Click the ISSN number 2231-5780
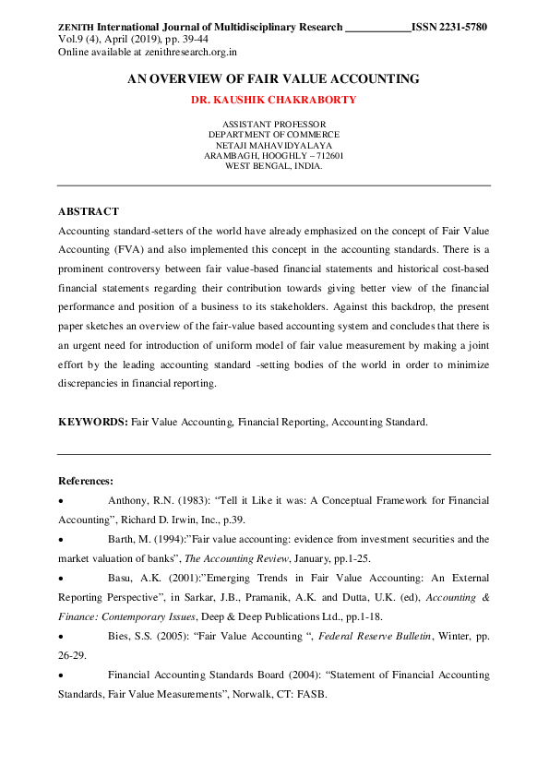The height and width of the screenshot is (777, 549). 464,27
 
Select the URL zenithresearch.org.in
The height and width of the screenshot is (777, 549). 199,53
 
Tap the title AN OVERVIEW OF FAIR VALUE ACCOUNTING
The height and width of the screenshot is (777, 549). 273,79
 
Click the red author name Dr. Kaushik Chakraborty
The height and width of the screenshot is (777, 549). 274,100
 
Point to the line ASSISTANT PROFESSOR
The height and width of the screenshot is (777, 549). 274,124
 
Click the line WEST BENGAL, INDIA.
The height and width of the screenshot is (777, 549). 274,167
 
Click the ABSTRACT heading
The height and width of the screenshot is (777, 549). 88,211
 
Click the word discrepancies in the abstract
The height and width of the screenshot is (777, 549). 89,383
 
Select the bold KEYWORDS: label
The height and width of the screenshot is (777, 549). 92,421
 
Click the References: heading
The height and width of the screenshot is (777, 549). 86,481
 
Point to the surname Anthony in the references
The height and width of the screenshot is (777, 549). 127,500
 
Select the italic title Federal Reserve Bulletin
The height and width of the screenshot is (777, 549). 377,637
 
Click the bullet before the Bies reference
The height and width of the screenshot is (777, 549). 61,637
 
